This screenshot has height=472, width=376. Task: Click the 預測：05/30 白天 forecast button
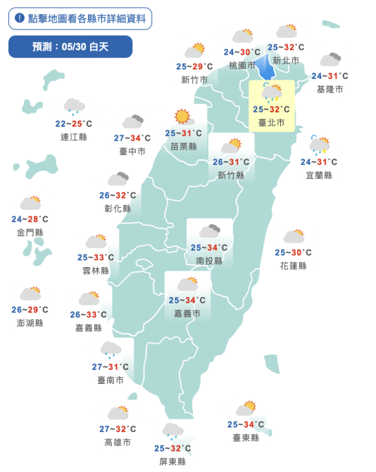tap(70, 46)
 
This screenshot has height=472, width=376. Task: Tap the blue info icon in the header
tap(19, 18)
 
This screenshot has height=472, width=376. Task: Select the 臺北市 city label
tap(272, 123)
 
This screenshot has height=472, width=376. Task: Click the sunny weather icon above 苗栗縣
tap(183, 116)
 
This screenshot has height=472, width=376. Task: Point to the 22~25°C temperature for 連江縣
tap(74, 124)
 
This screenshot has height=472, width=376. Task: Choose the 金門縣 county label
tap(30, 232)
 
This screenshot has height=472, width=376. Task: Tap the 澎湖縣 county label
tap(30, 323)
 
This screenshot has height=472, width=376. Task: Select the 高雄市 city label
tap(118, 442)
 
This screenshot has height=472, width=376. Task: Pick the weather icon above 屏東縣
tap(173, 431)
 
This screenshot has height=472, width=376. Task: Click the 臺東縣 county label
tap(246, 437)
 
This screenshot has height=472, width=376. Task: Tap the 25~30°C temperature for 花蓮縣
tap(293, 252)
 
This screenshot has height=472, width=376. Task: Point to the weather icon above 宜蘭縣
tap(320, 145)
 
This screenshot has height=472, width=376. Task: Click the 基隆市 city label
tap(330, 89)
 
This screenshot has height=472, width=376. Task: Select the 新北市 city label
tap(286, 61)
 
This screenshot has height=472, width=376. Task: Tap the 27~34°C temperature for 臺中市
tap(132, 138)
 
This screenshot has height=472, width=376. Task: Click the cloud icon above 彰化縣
tap(118, 179)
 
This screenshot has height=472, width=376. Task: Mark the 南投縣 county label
tap(209, 261)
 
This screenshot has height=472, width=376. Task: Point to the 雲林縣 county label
tap(96, 271)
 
